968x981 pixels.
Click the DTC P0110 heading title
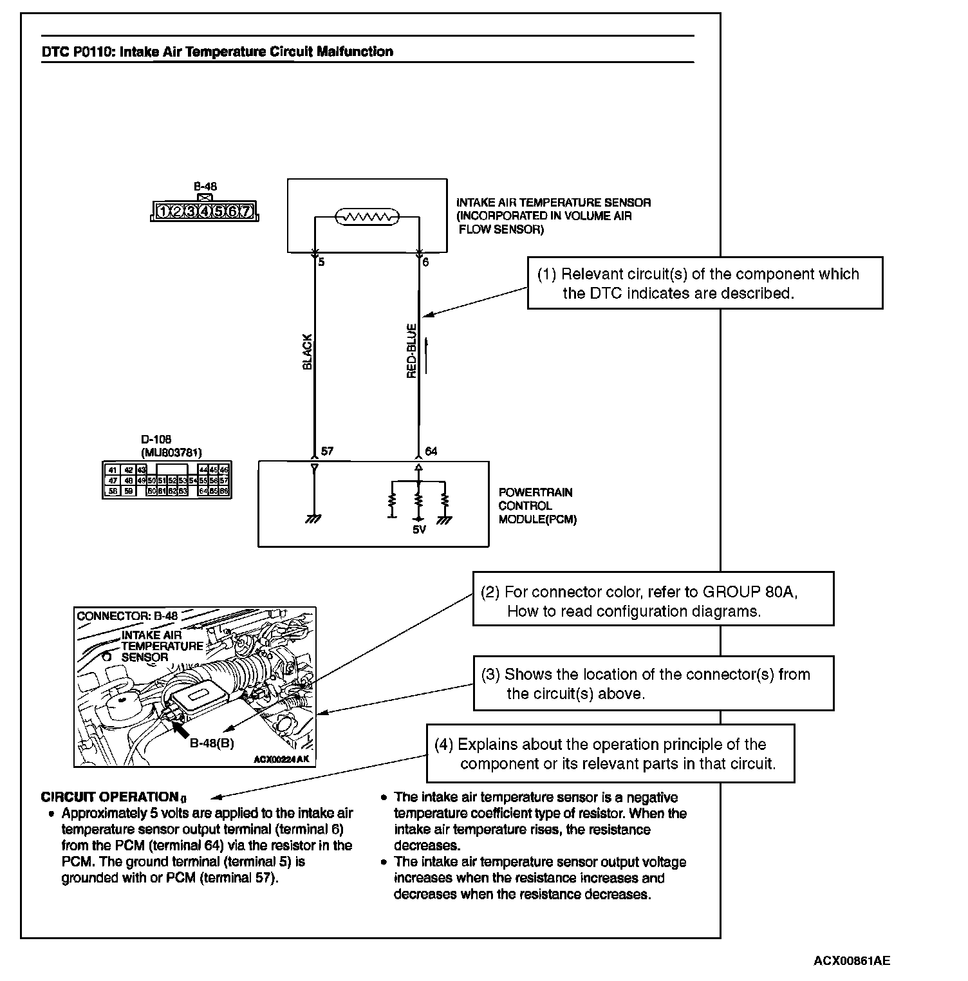click(217, 51)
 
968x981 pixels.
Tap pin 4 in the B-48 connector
click(204, 211)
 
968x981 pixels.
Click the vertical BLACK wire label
click(307, 351)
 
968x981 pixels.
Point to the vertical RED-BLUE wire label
click(412, 351)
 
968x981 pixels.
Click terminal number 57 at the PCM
click(327, 451)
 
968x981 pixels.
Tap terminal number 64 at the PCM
click(431, 451)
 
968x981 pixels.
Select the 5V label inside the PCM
click(419, 530)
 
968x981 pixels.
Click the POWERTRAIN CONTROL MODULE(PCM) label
click(537, 506)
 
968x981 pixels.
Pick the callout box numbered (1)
click(705, 283)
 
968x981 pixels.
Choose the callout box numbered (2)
click(653, 599)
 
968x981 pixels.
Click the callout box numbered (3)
click(653, 684)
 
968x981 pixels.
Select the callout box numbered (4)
click(610, 754)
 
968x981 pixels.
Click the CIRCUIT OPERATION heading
click(109, 797)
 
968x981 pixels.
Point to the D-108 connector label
click(156, 440)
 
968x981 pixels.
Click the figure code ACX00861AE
click(852, 960)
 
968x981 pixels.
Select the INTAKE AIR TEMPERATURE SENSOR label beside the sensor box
click(554, 203)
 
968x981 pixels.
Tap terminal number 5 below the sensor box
click(321, 263)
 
